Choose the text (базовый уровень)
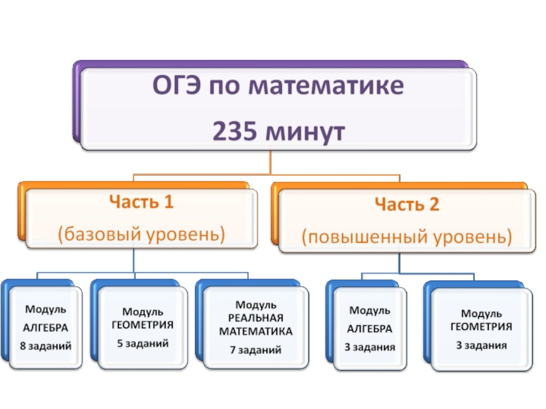141,234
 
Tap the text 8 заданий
46,346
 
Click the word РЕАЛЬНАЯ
255,317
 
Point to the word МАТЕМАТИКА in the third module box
255,331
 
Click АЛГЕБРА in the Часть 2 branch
369,328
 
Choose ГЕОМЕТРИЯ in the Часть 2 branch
481,327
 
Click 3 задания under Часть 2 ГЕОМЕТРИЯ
481,345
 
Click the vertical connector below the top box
271,162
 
